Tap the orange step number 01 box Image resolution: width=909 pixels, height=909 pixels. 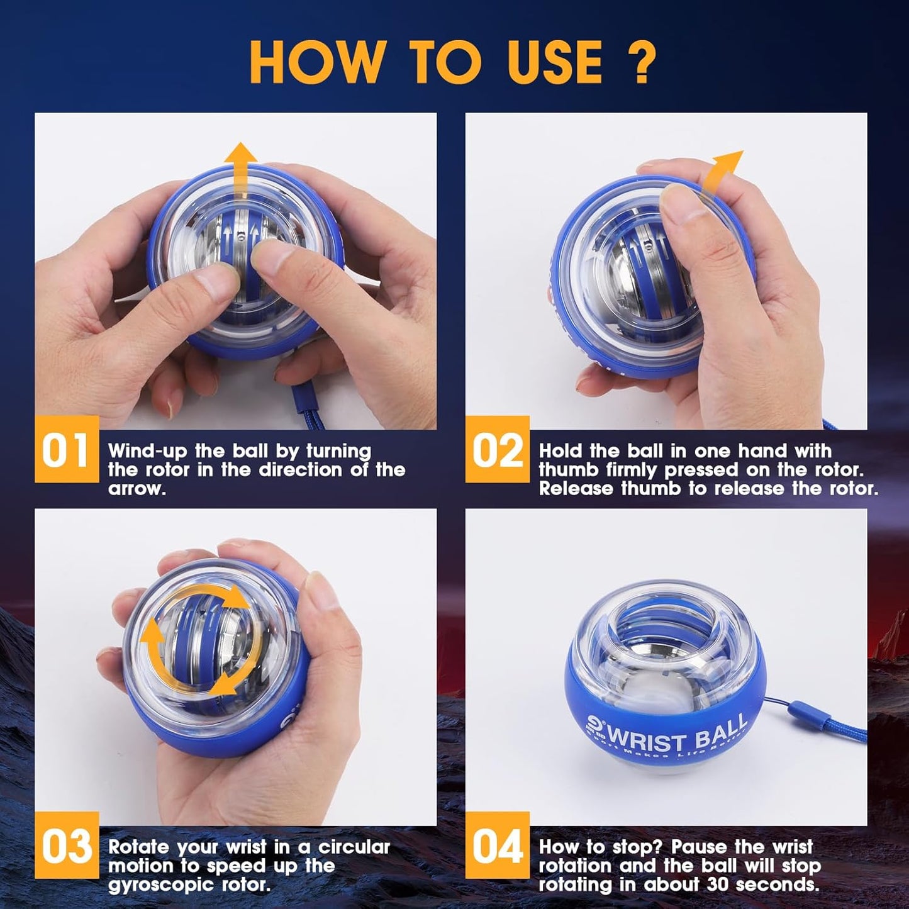point(66,450)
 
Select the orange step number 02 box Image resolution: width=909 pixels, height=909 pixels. point(497,450)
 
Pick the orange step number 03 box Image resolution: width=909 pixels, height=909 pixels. point(66,845)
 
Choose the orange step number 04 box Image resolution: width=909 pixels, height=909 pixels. point(497,845)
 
